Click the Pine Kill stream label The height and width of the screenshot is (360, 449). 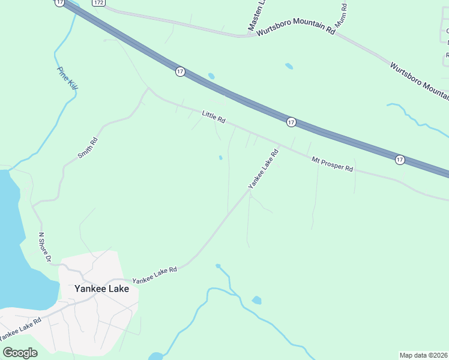click(68, 79)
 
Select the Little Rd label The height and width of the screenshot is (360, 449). click(213, 116)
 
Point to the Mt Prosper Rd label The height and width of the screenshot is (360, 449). click(332, 164)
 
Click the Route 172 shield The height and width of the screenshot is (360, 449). click(98, 3)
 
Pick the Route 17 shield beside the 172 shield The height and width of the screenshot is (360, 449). click(59, 3)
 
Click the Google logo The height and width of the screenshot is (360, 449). click(20, 352)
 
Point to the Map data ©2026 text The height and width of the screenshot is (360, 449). click(423, 355)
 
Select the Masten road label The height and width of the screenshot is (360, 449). click(256, 16)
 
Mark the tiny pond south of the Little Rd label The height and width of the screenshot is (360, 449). click(221, 158)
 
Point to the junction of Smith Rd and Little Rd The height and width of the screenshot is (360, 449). click(148, 90)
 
